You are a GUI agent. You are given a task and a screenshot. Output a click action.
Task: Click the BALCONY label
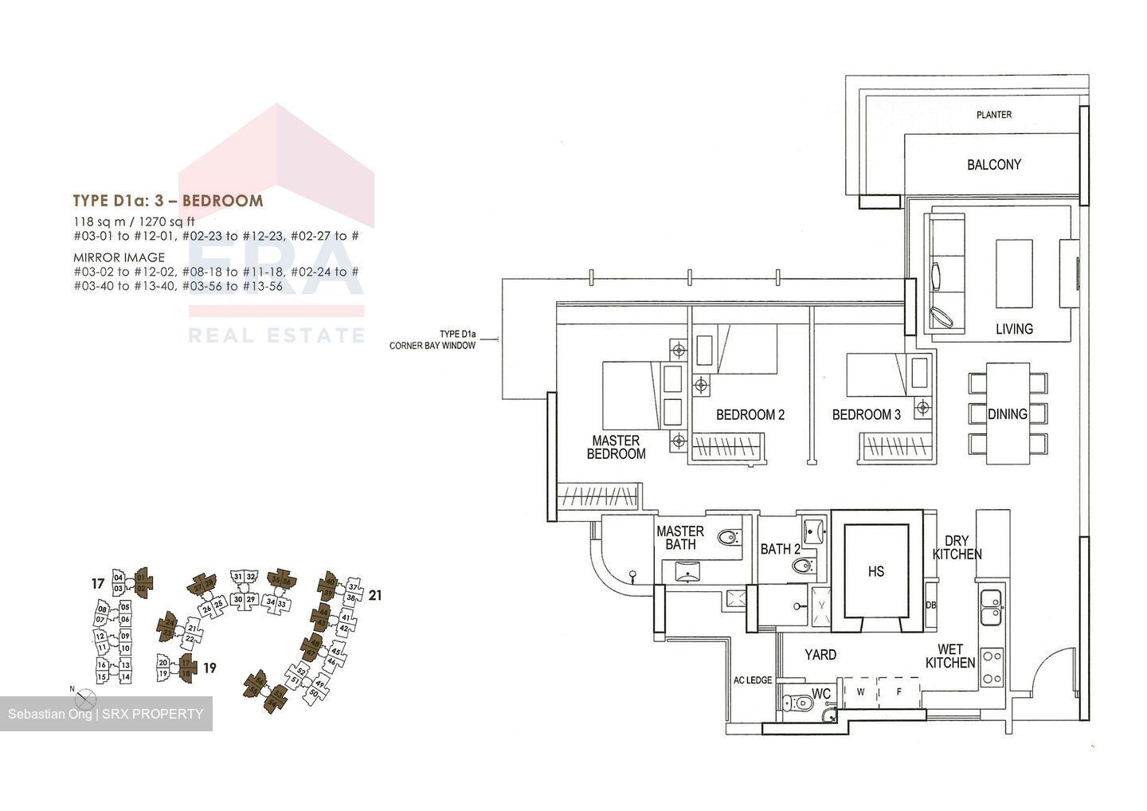pyautogui.click(x=993, y=165)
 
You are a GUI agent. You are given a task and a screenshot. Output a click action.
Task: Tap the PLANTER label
pyautogui.click(x=994, y=115)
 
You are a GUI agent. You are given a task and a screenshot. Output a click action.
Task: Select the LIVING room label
pyautogui.click(x=1014, y=328)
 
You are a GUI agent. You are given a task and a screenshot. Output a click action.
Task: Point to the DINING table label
pyautogui.click(x=1007, y=414)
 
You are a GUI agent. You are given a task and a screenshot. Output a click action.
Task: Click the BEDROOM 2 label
pyautogui.click(x=750, y=415)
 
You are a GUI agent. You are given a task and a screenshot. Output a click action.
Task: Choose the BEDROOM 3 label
pyautogui.click(x=867, y=415)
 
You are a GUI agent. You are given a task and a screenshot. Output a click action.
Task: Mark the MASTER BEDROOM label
pyautogui.click(x=616, y=447)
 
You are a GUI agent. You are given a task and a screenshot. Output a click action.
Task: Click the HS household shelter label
pyautogui.click(x=876, y=571)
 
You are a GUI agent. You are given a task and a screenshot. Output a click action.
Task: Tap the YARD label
pyautogui.click(x=820, y=655)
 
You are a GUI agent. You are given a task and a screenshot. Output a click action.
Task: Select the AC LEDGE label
pyautogui.click(x=753, y=680)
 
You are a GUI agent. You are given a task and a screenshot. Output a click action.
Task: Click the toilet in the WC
pyautogui.click(x=799, y=703)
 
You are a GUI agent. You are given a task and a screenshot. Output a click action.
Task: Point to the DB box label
pyautogui.click(x=930, y=605)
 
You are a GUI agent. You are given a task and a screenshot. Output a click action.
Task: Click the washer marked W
pyautogui.click(x=860, y=692)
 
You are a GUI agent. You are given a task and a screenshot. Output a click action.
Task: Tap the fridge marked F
pyautogui.click(x=898, y=692)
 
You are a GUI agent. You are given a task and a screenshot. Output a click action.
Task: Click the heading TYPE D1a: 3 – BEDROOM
pyautogui.click(x=167, y=201)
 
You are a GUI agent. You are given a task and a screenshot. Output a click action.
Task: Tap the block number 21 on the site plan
pyautogui.click(x=375, y=595)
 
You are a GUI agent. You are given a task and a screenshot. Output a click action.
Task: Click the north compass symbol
pyautogui.click(x=84, y=699)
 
